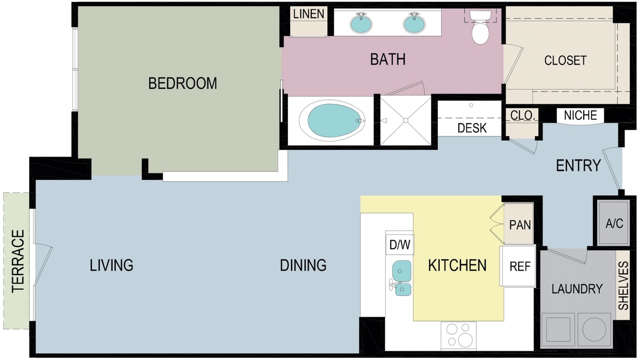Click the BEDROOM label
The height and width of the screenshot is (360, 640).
(182, 83)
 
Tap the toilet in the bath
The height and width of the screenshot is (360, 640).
(480, 31)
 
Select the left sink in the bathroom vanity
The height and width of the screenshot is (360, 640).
(361, 23)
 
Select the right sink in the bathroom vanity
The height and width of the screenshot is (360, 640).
(414, 23)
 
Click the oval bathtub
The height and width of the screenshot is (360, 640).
(333, 120)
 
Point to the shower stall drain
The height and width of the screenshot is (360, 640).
(406, 120)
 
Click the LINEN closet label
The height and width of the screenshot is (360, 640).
(309, 14)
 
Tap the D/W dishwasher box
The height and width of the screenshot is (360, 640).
(399, 245)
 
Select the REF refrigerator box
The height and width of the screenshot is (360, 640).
(520, 267)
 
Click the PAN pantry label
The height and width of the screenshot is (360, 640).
(520, 225)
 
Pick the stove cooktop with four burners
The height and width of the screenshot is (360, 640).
(458, 335)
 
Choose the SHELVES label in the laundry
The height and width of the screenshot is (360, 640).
(623, 285)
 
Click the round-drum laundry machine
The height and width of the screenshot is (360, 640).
(595, 330)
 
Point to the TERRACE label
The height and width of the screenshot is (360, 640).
(19, 261)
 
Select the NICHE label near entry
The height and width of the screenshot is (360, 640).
(580, 115)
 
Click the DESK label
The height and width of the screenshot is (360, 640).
(472, 128)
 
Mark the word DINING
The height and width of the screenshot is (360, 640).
(303, 265)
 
